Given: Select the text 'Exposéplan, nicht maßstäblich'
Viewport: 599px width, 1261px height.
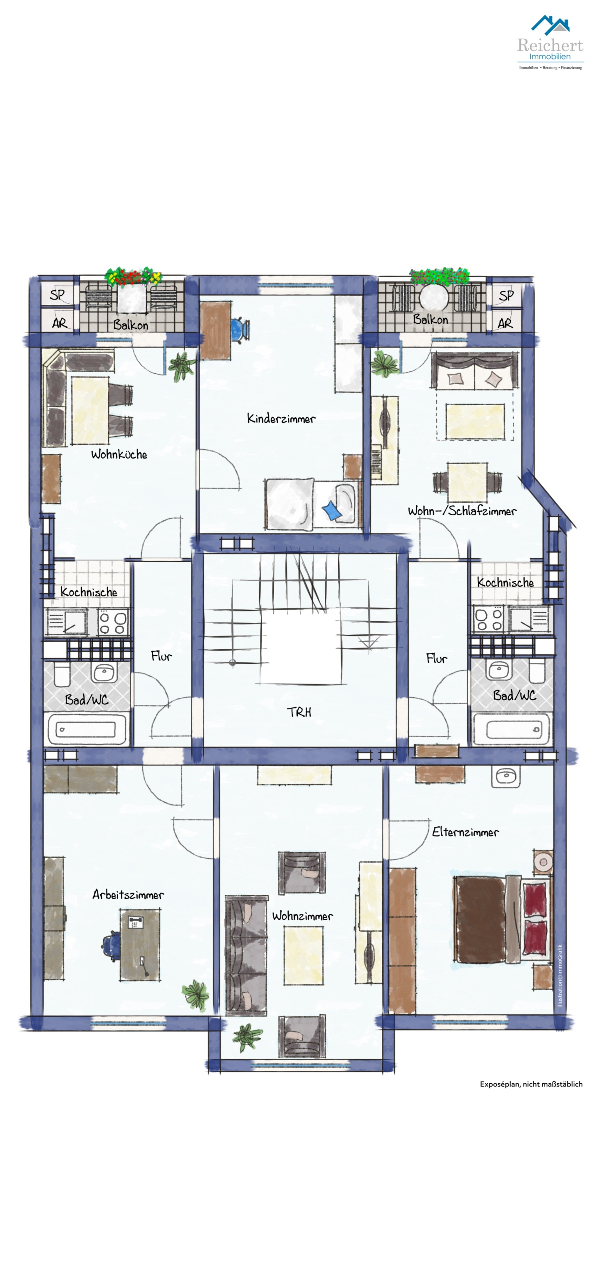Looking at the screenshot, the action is [531, 1084].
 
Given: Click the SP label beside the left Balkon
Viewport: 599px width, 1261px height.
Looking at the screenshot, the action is [57, 295].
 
